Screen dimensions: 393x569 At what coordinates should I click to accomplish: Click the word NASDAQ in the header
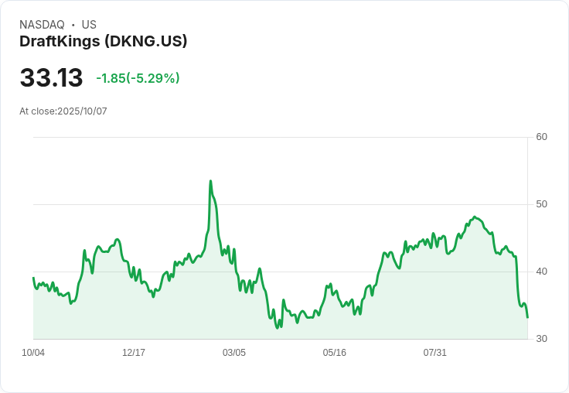click(42, 25)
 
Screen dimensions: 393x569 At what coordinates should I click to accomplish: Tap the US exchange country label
click(89, 25)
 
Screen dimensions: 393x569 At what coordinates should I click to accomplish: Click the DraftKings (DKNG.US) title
click(103, 42)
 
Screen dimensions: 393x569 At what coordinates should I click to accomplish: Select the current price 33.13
click(51, 78)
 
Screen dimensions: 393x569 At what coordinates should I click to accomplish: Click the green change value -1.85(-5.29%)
click(138, 78)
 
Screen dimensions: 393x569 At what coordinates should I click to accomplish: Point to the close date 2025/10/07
click(82, 111)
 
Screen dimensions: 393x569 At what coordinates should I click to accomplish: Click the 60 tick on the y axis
click(541, 137)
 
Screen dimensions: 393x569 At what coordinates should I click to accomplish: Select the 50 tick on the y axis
click(541, 204)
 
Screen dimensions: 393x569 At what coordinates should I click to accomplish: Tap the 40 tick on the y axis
click(541, 272)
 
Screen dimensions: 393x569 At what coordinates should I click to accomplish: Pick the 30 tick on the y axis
click(541, 339)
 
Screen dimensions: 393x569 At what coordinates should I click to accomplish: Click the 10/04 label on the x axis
click(33, 353)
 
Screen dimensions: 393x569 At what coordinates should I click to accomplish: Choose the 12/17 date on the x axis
click(134, 353)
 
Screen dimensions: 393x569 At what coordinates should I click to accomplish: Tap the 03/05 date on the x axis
click(234, 353)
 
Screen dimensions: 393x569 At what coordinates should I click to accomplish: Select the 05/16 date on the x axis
click(335, 353)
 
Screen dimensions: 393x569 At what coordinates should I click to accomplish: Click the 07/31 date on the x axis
click(435, 353)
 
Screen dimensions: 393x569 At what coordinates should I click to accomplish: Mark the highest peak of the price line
click(210, 181)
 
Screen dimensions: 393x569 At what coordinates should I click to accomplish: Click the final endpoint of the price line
click(527, 317)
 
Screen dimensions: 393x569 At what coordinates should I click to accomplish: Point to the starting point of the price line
click(33, 278)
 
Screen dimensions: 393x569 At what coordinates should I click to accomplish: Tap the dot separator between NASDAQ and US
click(73, 25)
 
